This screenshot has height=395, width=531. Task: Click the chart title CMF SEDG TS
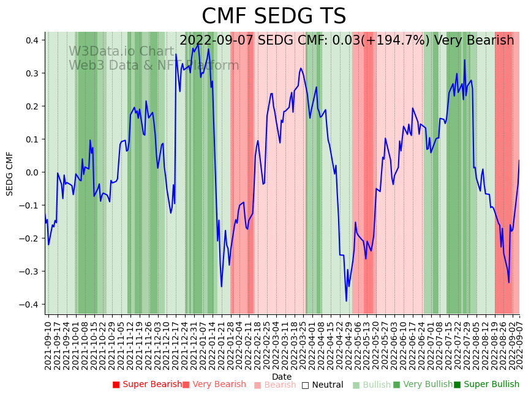(x=274, y=17)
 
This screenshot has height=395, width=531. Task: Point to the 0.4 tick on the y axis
(x=32, y=40)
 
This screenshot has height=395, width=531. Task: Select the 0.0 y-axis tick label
(x=32, y=172)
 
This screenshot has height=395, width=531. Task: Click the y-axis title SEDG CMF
(x=10, y=174)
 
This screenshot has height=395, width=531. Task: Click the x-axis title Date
(x=282, y=377)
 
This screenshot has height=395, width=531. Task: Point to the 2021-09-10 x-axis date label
(x=48, y=345)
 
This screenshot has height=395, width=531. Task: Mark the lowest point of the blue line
(x=346, y=301)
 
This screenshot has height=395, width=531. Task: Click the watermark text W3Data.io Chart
(x=121, y=52)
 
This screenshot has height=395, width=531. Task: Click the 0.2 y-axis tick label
(x=32, y=106)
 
